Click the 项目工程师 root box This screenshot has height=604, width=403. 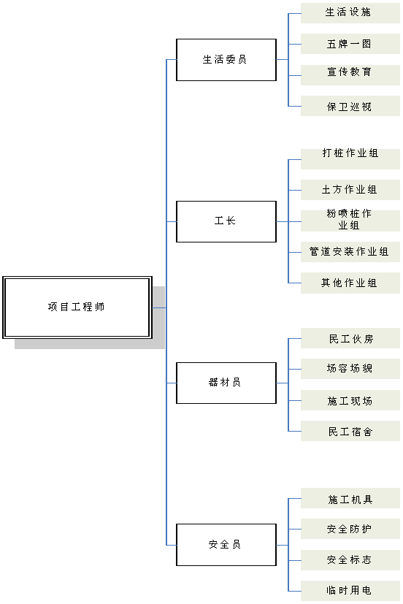[77, 307]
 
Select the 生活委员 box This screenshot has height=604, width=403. [226, 60]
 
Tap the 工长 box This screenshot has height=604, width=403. [226, 221]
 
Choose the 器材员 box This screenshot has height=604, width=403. [226, 383]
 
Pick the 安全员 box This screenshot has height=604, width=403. [226, 545]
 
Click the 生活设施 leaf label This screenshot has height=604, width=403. [350, 13]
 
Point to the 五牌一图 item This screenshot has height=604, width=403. [350, 44]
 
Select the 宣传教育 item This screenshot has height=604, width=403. [350, 75]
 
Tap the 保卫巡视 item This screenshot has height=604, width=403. [350, 106]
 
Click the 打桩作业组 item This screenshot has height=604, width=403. [350, 159]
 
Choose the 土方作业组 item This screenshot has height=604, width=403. [350, 190]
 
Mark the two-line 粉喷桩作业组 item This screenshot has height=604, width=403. [350, 221]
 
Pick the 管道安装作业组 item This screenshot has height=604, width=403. [350, 252]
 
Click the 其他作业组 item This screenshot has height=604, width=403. [350, 283]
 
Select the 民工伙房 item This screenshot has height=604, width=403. [350, 338]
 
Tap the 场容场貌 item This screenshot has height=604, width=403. [350, 369]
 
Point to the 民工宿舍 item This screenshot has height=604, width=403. [350, 431]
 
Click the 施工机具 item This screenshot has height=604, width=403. [350, 498]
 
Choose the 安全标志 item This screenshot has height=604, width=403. [350, 560]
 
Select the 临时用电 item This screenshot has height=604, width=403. [350, 591]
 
